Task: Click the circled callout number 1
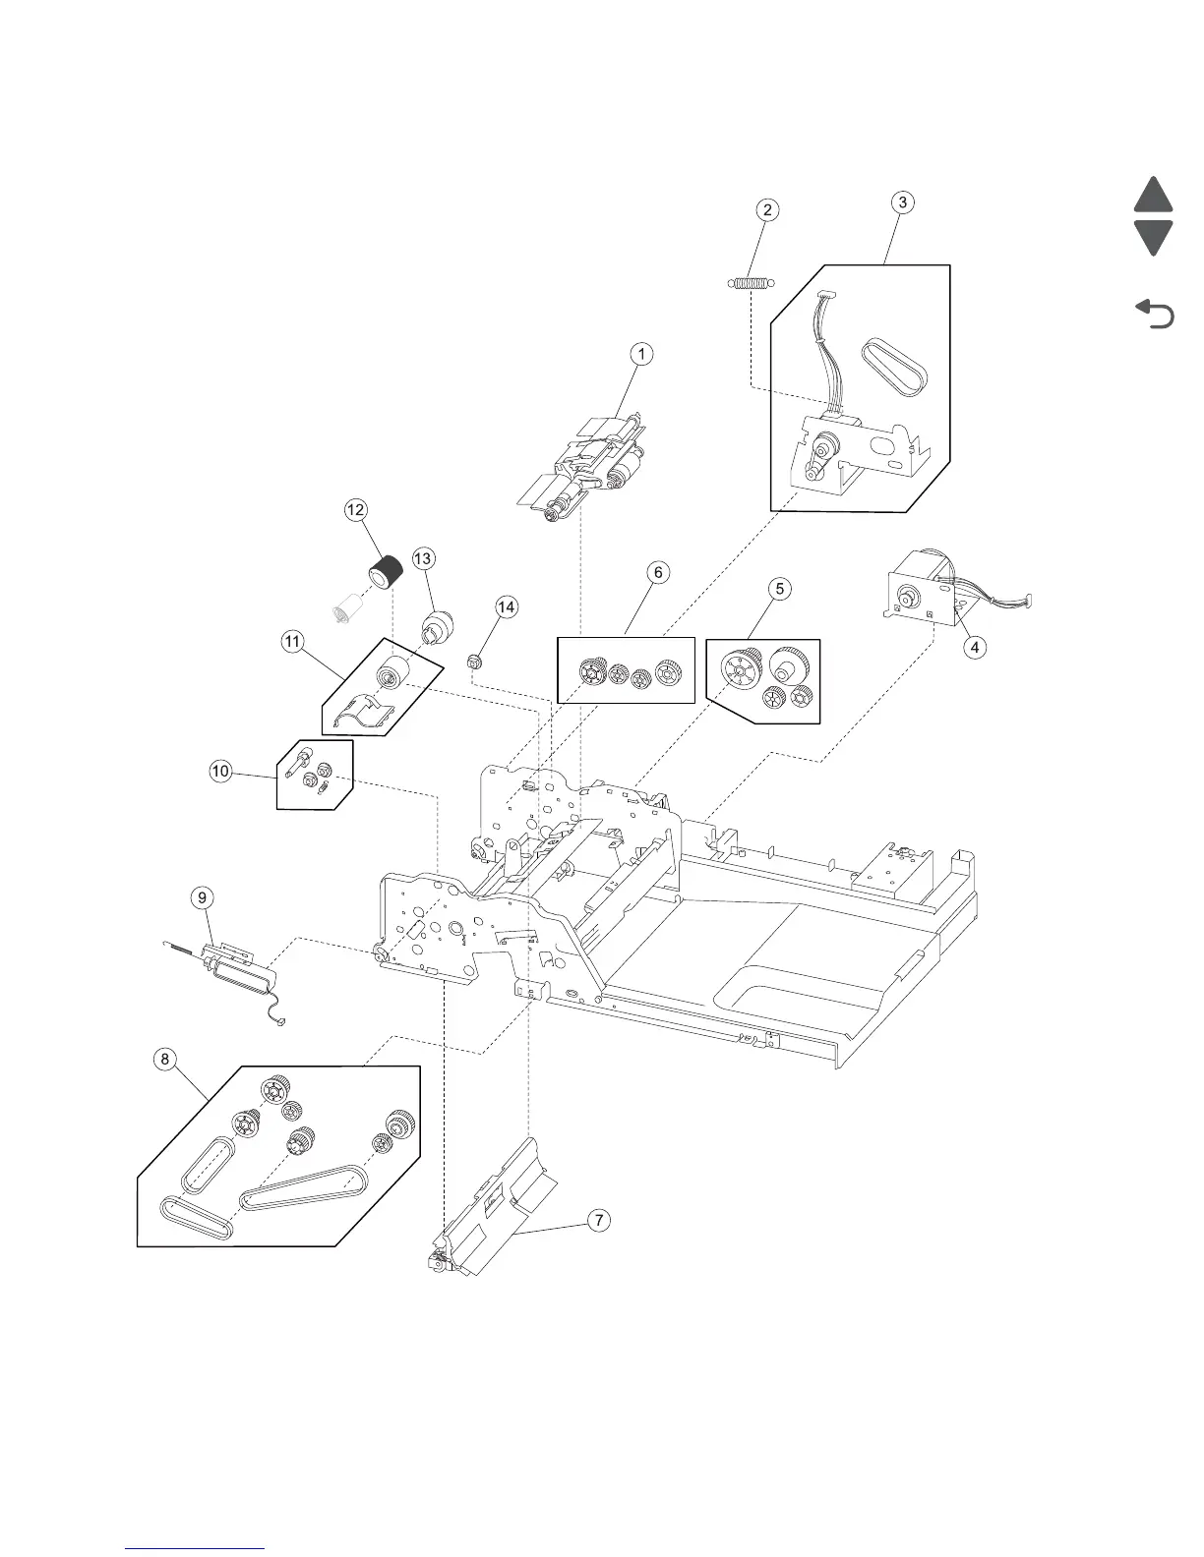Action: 641,354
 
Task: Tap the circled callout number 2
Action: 767,209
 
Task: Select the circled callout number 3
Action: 902,202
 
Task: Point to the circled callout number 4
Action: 975,647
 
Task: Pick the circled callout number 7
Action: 597,1220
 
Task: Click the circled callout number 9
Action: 201,896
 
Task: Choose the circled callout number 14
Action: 506,607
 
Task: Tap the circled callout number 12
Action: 355,509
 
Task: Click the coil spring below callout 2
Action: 752,284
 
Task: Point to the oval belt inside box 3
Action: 893,365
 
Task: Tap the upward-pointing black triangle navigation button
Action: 1153,197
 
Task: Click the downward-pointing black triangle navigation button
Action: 1153,237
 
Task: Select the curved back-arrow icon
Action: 1155,315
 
